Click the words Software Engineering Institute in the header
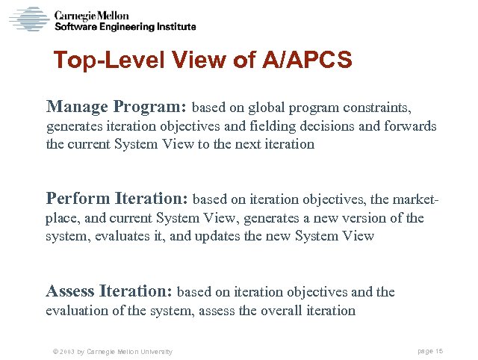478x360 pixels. coord(125,26)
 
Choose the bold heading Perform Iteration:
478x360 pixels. coord(118,199)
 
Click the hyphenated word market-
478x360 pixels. coord(412,199)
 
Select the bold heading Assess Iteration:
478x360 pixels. coord(110,291)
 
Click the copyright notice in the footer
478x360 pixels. coord(108,351)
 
